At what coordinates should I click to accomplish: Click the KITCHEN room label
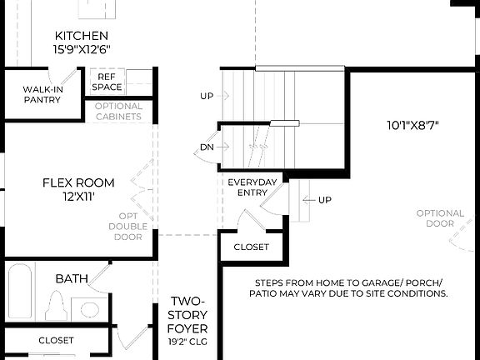[x=81, y=36]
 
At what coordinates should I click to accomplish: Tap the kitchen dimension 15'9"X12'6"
[x=81, y=50]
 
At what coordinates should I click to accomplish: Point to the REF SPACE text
[x=107, y=82]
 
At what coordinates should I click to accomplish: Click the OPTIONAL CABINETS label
[x=118, y=112]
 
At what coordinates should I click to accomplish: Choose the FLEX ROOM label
[x=78, y=182]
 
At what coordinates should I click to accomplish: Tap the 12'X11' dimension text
[x=78, y=197]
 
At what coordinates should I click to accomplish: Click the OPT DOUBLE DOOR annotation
[x=127, y=226]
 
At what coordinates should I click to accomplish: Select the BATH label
[x=72, y=278]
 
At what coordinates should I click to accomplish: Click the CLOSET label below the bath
[x=56, y=341]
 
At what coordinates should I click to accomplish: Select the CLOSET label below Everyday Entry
[x=251, y=247]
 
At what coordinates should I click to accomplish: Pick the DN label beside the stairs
[x=207, y=147]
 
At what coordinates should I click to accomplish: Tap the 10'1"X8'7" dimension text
[x=412, y=127]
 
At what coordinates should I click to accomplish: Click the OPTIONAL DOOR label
[x=440, y=218]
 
